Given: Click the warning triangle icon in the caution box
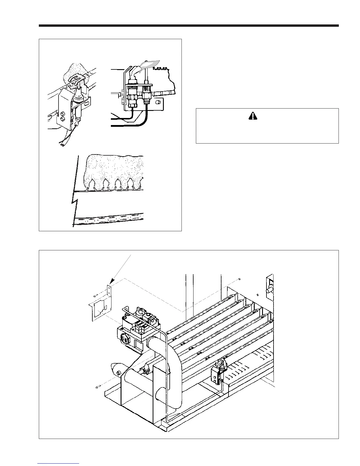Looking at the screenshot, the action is point(253,116).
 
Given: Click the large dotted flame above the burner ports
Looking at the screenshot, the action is point(115,168).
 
